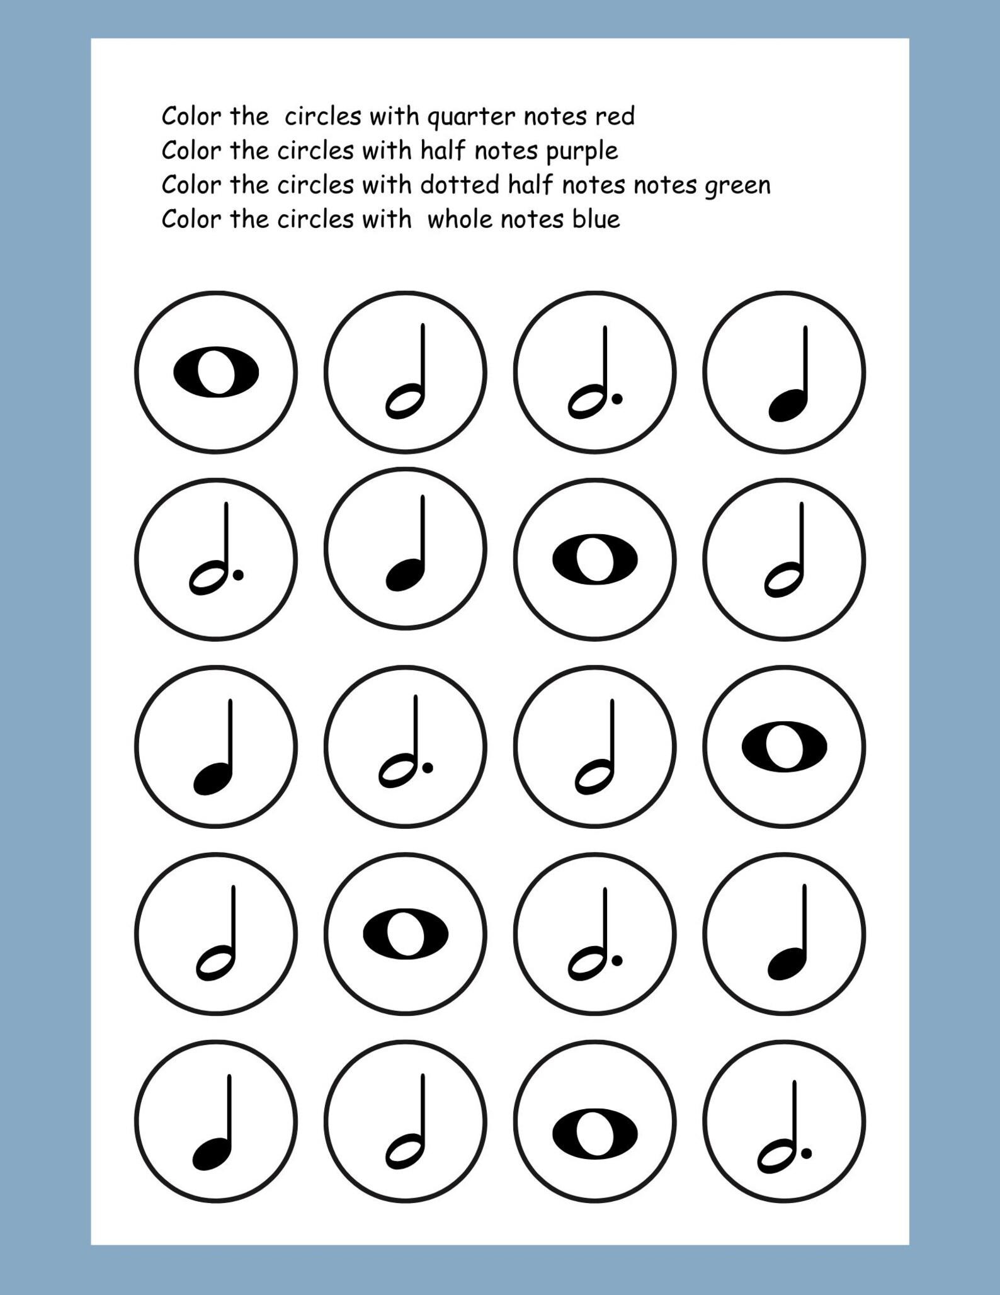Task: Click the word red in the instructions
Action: click(x=615, y=117)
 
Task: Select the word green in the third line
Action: click(x=737, y=186)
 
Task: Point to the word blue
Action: click(x=596, y=220)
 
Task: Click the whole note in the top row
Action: click(x=216, y=372)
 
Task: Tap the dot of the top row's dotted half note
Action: click(x=617, y=399)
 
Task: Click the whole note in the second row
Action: click(x=594, y=559)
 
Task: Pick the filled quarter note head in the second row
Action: click(x=404, y=576)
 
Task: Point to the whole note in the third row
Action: click(x=784, y=746)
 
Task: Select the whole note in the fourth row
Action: click(x=406, y=934)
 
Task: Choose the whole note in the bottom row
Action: click(x=594, y=1134)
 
